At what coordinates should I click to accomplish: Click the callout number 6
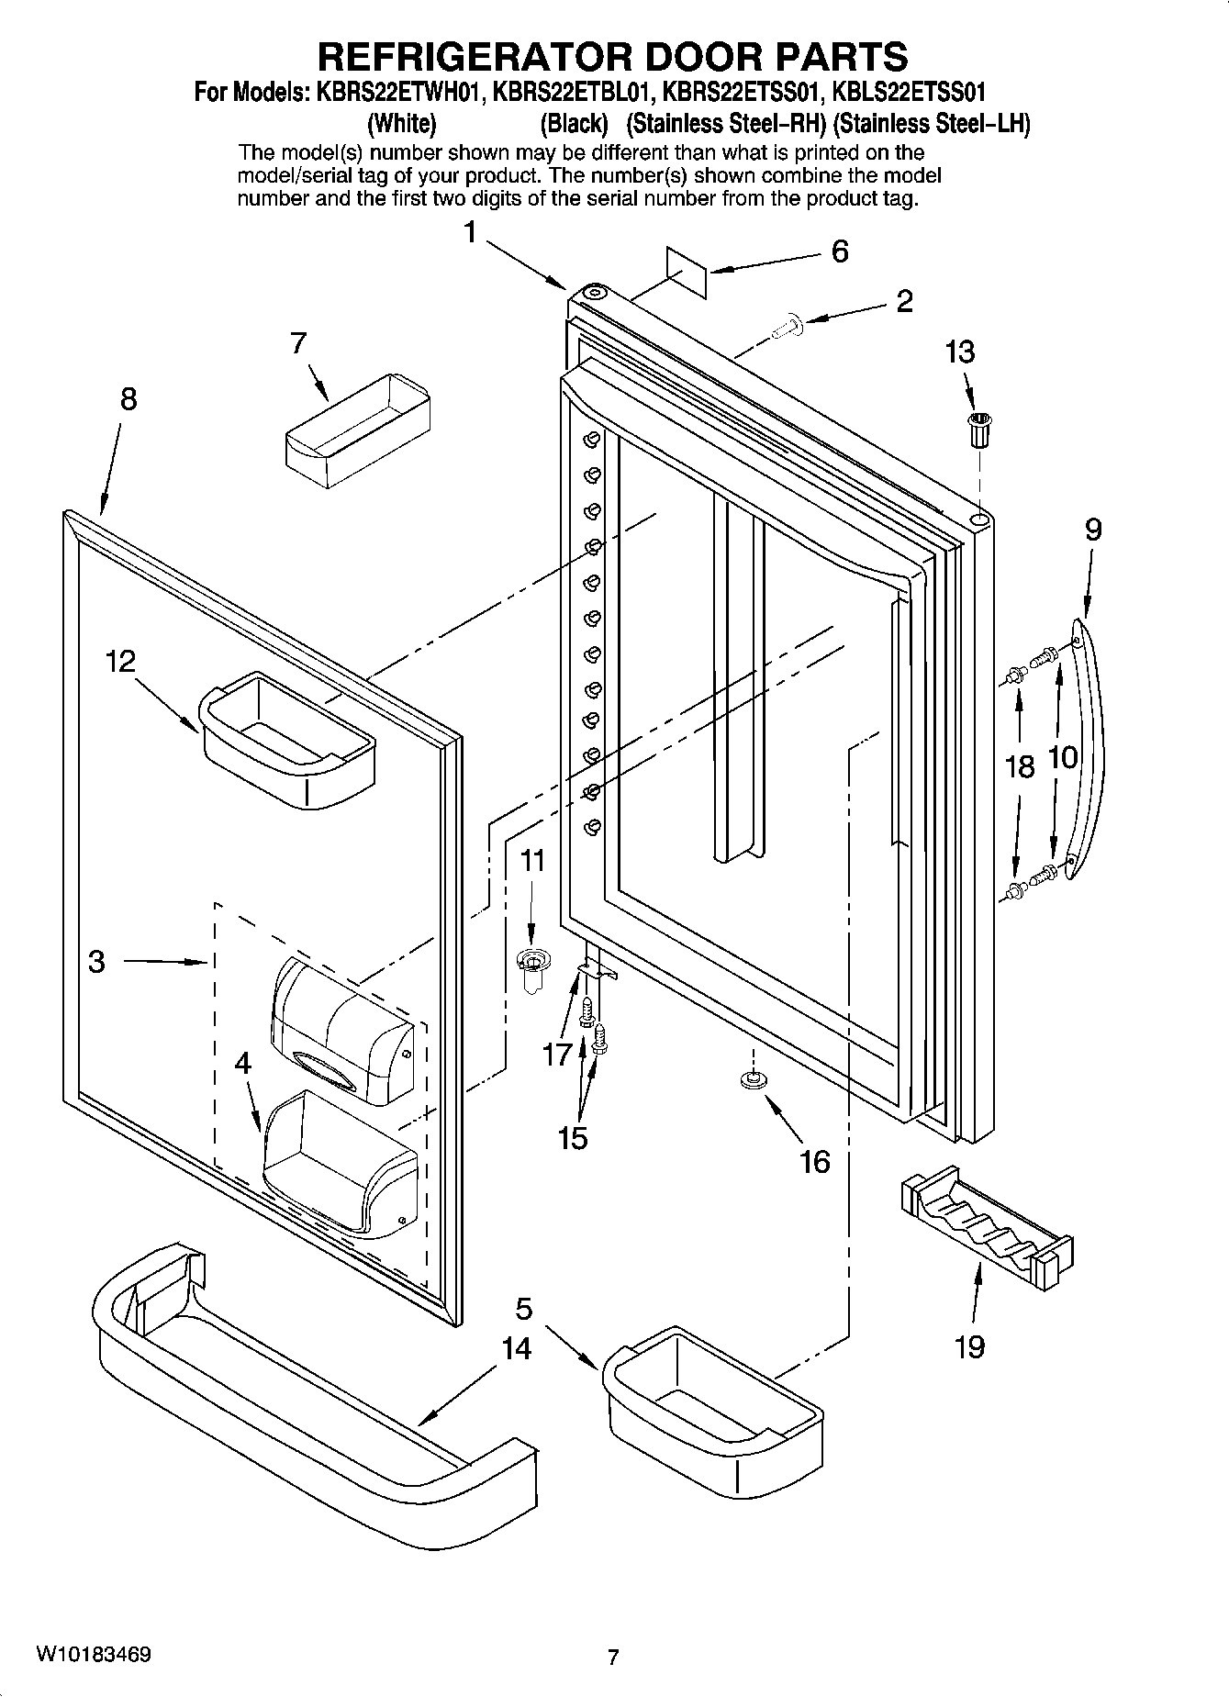coord(840,251)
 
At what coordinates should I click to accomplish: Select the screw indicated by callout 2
coord(785,327)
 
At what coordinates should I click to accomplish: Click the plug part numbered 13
coord(980,430)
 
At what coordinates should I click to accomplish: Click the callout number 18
coord(1020,766)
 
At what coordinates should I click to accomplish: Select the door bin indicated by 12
coord(286,740)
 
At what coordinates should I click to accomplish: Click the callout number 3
coord(96,962)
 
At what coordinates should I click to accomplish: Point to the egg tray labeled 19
coord(987,1222)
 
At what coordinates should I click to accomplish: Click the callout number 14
coord(517,1348)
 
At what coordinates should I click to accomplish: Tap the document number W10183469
coord(95,1655)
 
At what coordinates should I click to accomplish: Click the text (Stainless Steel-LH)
coord(931,124)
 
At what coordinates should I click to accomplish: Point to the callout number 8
coord(128,399)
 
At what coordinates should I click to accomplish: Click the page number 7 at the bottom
coord(613,1657)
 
